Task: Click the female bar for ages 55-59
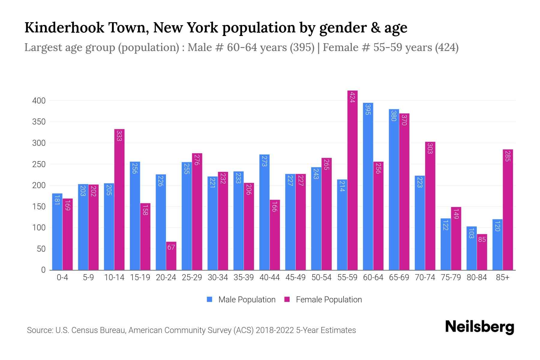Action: pos(352,180)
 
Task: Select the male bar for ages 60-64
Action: pos(368,186)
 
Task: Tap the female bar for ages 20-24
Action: pos(171,256)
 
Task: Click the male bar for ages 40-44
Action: pos(264,212)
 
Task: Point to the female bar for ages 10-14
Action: pos(119,199)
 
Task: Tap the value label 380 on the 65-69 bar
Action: pos(394,116)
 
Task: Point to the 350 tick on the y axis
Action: pos(39,122)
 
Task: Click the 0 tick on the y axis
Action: pos(43,270)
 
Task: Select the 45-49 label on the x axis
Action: pos(295,277)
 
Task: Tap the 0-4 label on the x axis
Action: pos(62,277)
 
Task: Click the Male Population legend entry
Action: pos(241,300)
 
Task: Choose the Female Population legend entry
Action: pos(323,300)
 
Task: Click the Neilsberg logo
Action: pos(479,327)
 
